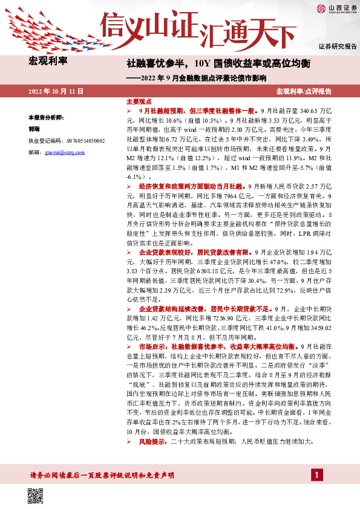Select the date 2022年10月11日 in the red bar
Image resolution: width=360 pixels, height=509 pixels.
point(55,91)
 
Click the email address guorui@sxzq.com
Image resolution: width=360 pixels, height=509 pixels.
point(68,152)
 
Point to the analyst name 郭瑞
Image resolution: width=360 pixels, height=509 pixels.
point(35,129)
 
